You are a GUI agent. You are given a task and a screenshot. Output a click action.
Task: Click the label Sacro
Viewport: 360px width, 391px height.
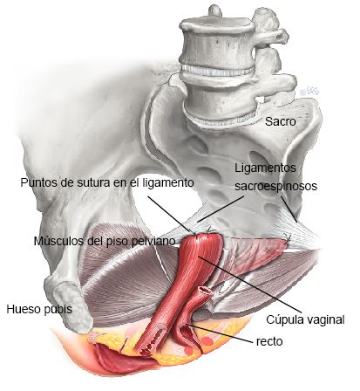pos(280,121)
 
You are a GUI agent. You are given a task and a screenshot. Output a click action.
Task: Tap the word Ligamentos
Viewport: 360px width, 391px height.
pos(265,168)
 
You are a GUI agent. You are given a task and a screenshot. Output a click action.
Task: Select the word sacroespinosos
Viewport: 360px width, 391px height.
pos(275,186)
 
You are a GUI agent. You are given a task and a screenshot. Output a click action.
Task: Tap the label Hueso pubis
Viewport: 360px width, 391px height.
pos(39,309)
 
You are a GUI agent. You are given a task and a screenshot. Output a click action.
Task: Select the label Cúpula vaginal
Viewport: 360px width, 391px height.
pos(305,319)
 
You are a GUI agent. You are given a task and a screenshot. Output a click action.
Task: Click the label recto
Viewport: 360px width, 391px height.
pos(269,341)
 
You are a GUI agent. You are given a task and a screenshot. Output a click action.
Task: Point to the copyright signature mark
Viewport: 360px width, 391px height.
pos(309,92)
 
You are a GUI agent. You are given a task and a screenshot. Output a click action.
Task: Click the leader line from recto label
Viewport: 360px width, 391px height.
pos(219,333)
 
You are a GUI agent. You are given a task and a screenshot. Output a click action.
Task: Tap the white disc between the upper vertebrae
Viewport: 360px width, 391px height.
pos(218,71)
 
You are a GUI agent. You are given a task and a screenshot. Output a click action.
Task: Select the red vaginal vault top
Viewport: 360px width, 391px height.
pos(201,243)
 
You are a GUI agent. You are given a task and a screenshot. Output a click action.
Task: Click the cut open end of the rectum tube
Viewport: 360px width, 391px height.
pos(204,290)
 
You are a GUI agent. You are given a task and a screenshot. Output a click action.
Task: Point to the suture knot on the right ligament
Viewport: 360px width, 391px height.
pos(289,237)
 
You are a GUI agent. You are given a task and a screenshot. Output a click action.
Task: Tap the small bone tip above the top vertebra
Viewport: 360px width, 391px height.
pos(215,10)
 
